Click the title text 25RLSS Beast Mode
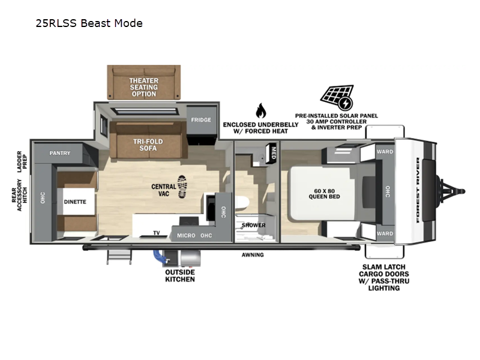89,23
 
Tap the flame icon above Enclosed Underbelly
261,110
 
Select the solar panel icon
337,98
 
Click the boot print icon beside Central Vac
182,187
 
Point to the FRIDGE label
201,119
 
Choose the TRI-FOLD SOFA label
148,145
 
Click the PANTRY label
60,153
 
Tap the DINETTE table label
75,202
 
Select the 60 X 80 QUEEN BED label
324,194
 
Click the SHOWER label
253,226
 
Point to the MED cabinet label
274,153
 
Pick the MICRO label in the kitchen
186,235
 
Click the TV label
157,233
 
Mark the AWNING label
253,254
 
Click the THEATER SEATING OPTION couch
144,82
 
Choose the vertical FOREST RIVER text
418,190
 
